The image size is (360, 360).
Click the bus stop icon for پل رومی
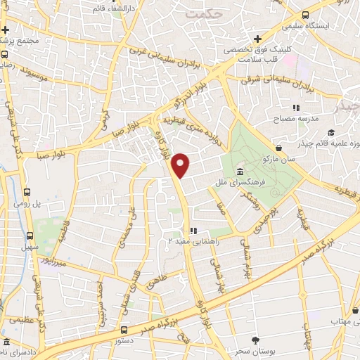point(27,191)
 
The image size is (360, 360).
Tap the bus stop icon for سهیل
point(30,236)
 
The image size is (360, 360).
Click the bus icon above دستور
point(124,330)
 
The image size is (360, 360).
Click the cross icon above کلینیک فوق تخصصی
point(258,39)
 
